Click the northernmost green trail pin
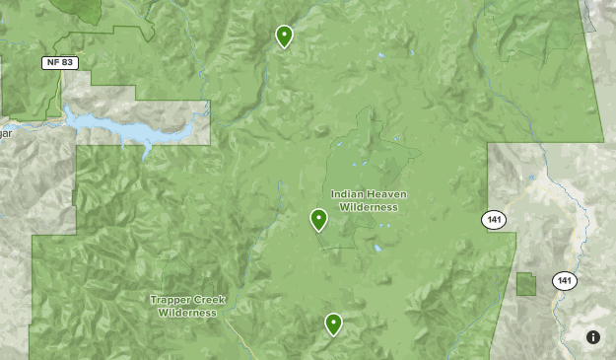click(x=284, y=36)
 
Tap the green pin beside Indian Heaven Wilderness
click(x=318, y=219)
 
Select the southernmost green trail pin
click(x=333, y=324)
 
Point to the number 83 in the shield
click(x=67, y=62)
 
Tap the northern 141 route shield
click(x=494, y=220)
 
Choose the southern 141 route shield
click(x=564, y=281)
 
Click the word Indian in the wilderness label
click(x=348, y=194)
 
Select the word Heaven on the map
click(x=386, y=194)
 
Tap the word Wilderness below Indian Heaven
click(x=369, y=207)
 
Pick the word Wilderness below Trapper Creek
click(x=187, y=313)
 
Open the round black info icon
click(x=593, y=337)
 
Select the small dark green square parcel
click(x=526, y=284)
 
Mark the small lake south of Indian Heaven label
click(x=376, y=249)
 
